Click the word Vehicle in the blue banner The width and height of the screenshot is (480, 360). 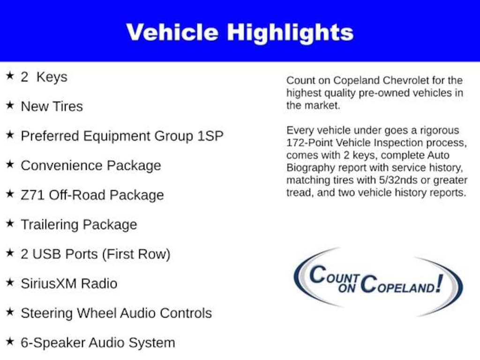point(172,32)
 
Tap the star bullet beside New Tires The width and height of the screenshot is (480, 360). point(10,105)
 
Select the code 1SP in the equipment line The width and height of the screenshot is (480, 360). point(210,135)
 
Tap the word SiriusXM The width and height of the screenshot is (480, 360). point(49,284)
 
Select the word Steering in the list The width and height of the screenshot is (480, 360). point(46,314)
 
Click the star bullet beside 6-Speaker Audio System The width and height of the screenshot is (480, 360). point(10,341)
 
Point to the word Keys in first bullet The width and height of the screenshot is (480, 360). point(52,77)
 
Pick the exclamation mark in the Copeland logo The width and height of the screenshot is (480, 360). point(440,283)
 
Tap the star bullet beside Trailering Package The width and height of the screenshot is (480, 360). point(10,223)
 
